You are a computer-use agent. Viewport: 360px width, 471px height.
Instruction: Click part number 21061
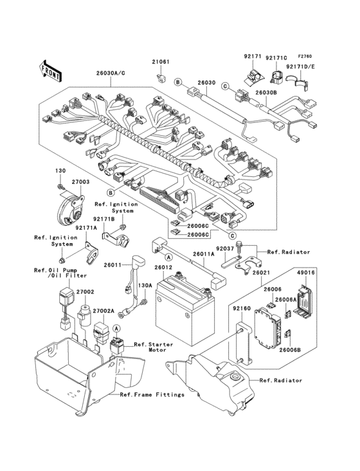(161, 62)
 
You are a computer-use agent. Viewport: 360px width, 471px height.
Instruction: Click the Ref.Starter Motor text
(153, 347)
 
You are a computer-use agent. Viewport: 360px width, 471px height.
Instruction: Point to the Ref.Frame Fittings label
(152, 394)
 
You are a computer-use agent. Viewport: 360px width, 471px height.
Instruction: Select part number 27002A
(104, 311)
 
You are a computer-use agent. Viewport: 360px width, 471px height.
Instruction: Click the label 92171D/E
(301, 66)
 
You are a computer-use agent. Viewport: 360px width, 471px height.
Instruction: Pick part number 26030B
(266, 93)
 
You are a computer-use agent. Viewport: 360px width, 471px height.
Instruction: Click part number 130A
(147, 286)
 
